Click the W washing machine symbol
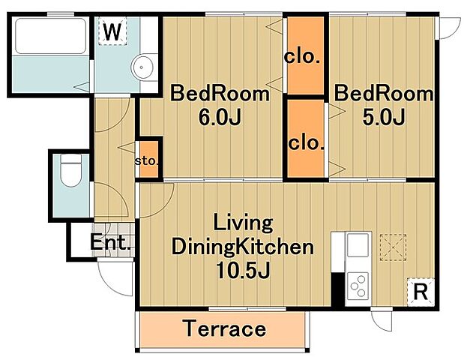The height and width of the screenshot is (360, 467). pyautogui.click(x=113, y=31)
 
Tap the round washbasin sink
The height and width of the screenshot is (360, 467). pyautogui.click(x=142, y=67)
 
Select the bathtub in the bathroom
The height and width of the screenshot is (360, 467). pyautogui.click(x=50, y=36)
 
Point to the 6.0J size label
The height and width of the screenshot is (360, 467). pyautogui.click(x=220, y=118)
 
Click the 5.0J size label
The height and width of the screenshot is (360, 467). pyautogui.click(x=384, y=117)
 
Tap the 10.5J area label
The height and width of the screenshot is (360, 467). pyautogui.click(x=243, y=270)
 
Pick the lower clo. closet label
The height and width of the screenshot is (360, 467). pyautogui.click(x=306, y=143)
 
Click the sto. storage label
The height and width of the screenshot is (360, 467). pyautogui.click(x=147, y=161)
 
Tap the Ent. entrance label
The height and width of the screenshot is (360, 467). pyautogui.click(x=111, y=242)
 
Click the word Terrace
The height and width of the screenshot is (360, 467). pyautogui.click(x=225, y=328)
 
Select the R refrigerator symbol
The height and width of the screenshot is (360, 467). pyautogui.click(x=421, y=292)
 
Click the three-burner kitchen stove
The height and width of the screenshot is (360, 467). pyautogui.click(x=358, y=286)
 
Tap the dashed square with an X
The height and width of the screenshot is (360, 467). pyautogui.click(x=393, y=247)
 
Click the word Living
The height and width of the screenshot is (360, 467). pyautogui.click(x=243, y=223)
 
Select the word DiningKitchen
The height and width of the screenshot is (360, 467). pyautogui.click(x=243, y=247)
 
